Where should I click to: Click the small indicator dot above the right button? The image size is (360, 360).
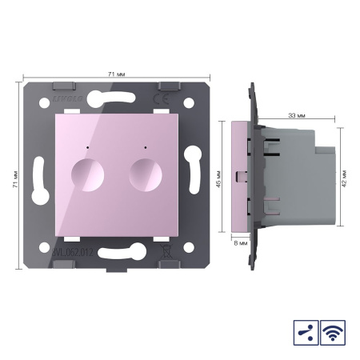tap(144, 149)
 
